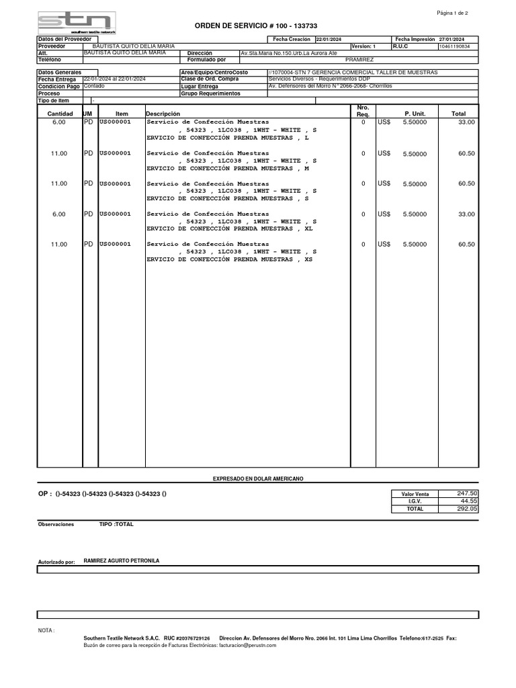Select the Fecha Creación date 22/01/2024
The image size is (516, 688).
[x=329, y=40]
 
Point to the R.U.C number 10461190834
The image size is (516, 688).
[x=455, y=46]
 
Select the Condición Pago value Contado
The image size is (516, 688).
[x=94, y=86]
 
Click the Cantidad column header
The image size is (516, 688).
[x=60, y=114]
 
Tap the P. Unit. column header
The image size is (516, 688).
[x=415, y=114]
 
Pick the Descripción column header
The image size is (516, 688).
[x=163, y=114]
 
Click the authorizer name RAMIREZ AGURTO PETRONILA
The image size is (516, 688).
[x=122, y=560]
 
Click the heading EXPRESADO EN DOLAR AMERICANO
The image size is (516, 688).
[x=258, y=478]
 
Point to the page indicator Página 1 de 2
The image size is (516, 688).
[x=453, y=13]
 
